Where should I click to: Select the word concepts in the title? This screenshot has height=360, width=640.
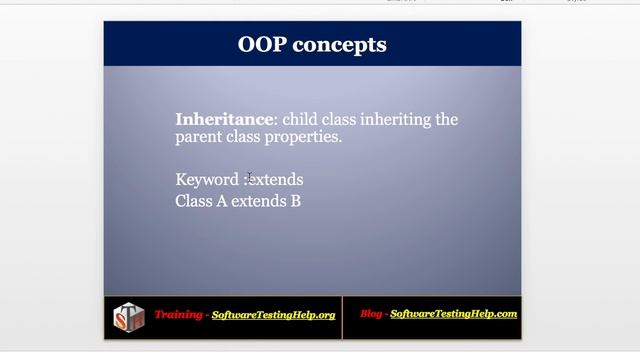click(340, 45)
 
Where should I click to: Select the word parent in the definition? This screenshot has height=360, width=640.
click(200, 137)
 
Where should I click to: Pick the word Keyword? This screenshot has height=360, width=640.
click(208, 180)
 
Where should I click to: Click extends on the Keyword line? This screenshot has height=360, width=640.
click(276, 180)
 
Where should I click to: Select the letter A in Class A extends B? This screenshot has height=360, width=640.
click(222, 201)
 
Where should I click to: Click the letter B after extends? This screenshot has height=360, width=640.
click(295, 201)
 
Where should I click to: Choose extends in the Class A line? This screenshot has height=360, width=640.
click(258, 201)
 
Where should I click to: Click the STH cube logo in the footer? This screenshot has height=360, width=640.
click(128, 318)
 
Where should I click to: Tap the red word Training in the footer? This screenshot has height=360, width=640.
click(178, 315)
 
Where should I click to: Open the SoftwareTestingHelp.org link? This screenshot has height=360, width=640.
click(273, 315)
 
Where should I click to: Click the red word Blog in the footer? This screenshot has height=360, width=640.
click(373, 314)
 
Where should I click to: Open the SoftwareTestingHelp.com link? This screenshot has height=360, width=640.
click(453, 314)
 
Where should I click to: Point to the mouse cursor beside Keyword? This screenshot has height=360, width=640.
click(250, 176)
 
